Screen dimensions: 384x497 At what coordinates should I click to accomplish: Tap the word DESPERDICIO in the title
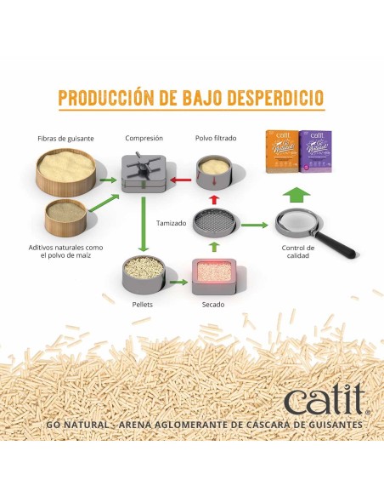tap(275, 97)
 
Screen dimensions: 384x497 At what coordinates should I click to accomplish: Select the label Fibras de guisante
tap(65, 139)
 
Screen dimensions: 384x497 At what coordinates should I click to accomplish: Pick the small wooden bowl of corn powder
tap(65, 218)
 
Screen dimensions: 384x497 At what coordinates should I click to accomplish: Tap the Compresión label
tap(144, 138)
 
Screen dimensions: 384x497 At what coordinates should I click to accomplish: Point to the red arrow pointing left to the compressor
tap(181, 180)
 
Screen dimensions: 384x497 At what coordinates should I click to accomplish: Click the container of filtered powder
tap(214, 173)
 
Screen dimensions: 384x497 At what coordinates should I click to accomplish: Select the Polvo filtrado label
tap(216, 138)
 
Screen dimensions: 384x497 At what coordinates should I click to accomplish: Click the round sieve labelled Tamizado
tap(214, 223)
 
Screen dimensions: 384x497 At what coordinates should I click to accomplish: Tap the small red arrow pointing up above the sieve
tap(214, 199)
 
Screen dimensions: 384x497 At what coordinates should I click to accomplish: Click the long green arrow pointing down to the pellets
tap(144, 224)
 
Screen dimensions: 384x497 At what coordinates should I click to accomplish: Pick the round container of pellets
tap(144, 275)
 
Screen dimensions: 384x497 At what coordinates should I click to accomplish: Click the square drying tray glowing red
tap(214, 276)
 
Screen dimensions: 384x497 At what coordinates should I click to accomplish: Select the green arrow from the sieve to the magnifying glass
tap(254, 225)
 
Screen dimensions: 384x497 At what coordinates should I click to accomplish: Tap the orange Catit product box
tap(281, 151)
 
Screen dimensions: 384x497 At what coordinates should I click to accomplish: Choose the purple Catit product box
tap(316, 151)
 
